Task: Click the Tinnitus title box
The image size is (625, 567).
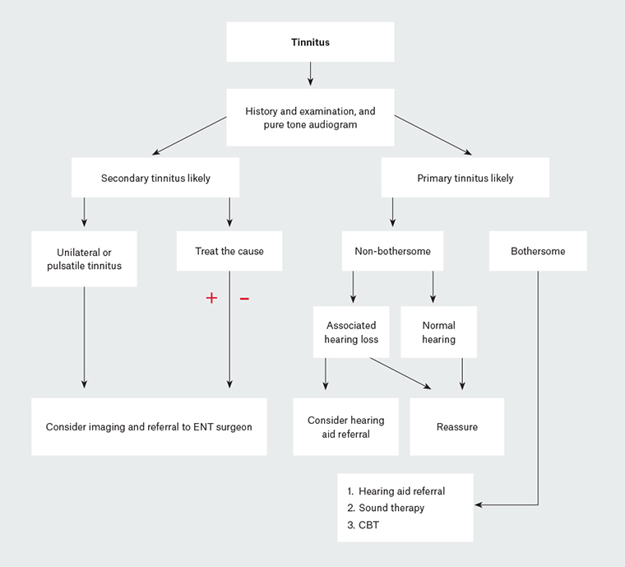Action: tap(310, 42)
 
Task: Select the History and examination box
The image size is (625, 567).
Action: tap(310, 117)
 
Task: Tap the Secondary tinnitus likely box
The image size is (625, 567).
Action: tap(155, 178)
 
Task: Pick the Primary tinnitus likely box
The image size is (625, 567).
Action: tap(465, 178)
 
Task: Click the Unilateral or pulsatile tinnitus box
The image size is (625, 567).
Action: tap(84, 258)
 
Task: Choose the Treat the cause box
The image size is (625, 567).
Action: tap(229, 251)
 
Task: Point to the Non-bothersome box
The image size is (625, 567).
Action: tap(392, 251)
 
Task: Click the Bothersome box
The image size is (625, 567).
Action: tap(538, 251)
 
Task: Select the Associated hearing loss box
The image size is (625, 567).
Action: tap(352, 332)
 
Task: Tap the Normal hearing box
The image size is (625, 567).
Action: tap(438, 332)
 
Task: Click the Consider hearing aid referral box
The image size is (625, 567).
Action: tap(345, 426)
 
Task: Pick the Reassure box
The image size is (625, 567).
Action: tap(456, 426)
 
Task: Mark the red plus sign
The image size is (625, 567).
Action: tap(211, 298)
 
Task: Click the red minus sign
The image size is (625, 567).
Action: tap(244, 298)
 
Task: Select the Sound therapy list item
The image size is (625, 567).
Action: tap(391, 508)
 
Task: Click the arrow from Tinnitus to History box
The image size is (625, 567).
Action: tap(310, 74)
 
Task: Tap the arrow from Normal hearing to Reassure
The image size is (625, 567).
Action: tap(462, 372)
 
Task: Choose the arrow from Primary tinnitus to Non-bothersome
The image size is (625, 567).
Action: tap(392, 212)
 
